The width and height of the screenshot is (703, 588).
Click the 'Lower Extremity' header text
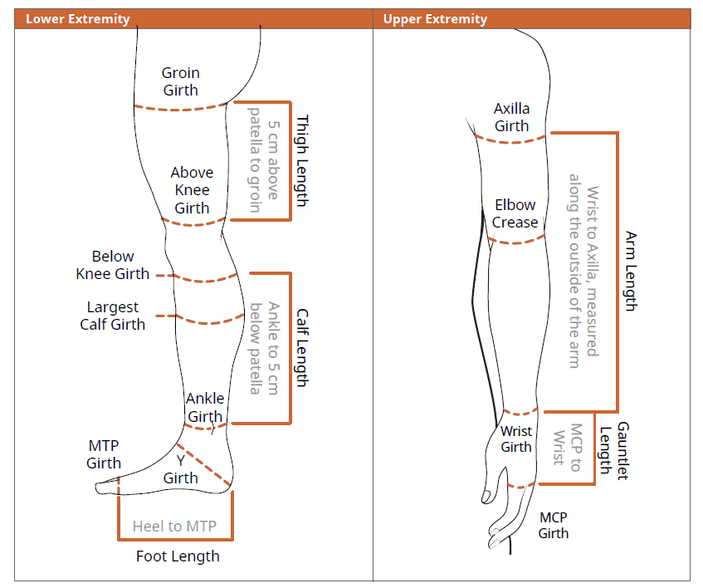pos(78,18)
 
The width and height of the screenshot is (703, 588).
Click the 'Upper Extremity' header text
pos(435,18)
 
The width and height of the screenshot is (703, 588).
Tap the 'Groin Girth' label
pos(180,81)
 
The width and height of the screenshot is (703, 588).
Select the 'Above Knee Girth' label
pos(192,190)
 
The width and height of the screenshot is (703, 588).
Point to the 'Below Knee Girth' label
pos(113,265)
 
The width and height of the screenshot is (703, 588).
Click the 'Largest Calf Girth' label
pos(113,316)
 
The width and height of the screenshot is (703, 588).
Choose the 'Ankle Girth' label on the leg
pos(204,407)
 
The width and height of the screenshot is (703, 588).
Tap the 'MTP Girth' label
pos(104,454)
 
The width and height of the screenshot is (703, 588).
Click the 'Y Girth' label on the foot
pos(180,468)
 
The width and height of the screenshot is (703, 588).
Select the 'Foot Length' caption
pos(178,556)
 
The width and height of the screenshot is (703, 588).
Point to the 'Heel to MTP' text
pos(174,526)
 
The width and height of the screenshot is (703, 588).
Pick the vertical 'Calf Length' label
pos(301,348)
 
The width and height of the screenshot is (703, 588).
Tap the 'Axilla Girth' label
pos(511,117)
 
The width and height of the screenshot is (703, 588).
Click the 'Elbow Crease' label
pos(515,213)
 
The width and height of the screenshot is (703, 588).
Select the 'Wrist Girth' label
pos(516,439)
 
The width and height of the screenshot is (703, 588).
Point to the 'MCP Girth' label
pos(554,525)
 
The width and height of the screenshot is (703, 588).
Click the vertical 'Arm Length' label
pos(630,271)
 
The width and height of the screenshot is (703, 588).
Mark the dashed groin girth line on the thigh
pos(181,107)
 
